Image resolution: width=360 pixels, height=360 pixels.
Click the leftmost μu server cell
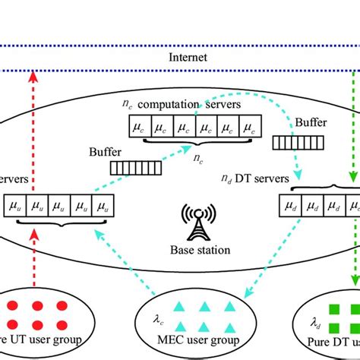click(x=15, y=205)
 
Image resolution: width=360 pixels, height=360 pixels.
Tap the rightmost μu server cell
click(x=103, y=205)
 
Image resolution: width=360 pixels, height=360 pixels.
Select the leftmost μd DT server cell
click(x=292, y=205)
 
